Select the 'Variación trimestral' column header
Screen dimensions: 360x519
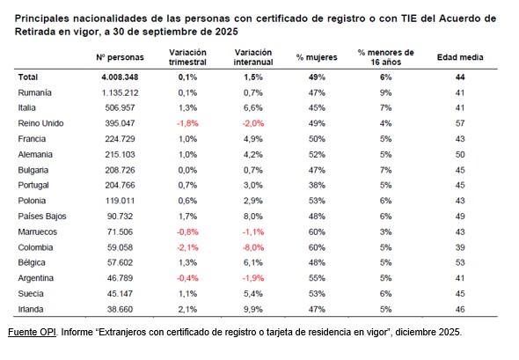click(186, 57)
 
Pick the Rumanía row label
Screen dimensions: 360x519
click(35, 92)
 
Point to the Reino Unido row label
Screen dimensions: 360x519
click(41, 122)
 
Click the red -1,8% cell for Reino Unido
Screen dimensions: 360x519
click(186, 122)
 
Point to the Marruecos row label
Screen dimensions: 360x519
click(39, 231)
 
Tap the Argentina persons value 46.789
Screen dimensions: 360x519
click(123, 276)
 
